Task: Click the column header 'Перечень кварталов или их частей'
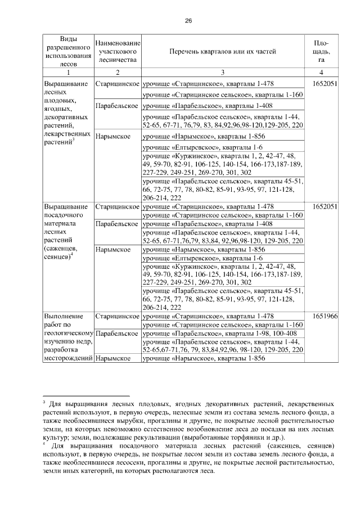[x=223, y=52]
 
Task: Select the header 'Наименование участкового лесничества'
[x=118, y=52]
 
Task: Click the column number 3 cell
[x=223, y=73]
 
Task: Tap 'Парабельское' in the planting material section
[x=118, y=224]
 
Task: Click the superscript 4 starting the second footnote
[x=44, y=443]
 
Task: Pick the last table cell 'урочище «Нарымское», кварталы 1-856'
[x=223, y=358]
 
